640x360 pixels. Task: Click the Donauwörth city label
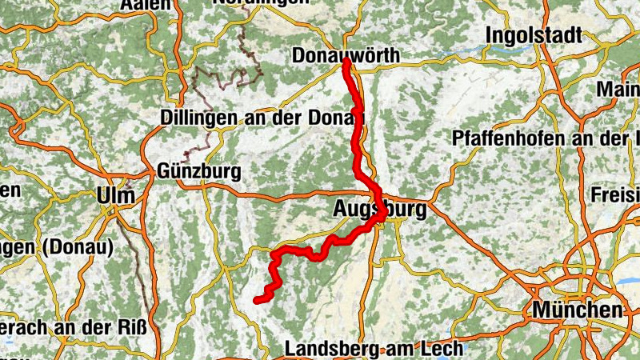coord(346,56)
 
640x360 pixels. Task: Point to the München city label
coord(578,310)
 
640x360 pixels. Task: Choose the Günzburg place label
coord(199,171)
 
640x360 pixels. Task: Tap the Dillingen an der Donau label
coord(262,118)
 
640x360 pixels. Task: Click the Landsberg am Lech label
coord(374,349)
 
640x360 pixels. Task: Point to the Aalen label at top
coord(146,4)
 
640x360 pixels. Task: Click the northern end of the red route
coord(346,62)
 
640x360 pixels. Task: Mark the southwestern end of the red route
coord(257,300)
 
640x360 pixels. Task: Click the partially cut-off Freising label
coord(621,194)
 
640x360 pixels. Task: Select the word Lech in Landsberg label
coord(443,349)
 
